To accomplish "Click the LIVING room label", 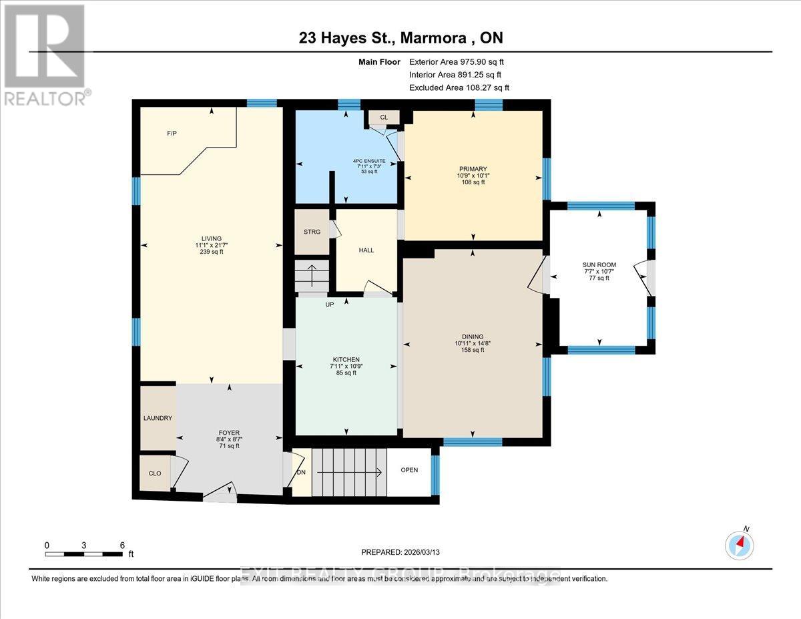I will pos(211,238).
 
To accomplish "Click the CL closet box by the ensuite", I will pos(384,118).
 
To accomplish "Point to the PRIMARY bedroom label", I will pos(473,169).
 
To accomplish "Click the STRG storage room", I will pos(312,232).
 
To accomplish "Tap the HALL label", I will pos(366,250).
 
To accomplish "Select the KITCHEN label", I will pos(346,359).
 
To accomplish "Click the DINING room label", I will pos(473,337).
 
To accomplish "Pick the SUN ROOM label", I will pos(599,265).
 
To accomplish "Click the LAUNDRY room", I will pos(158,418).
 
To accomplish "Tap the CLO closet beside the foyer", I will pos(155,473).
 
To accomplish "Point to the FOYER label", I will pos(228,433).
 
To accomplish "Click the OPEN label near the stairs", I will pos(409,470).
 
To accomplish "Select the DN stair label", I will pos(301,471).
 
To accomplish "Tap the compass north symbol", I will pos(740,544).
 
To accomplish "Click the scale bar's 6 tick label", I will pos(122,545).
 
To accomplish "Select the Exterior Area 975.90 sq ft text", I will pos(461,62).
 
